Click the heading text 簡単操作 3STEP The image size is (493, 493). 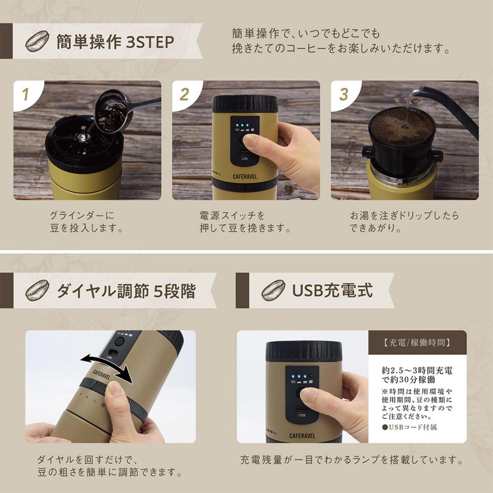[115, 42]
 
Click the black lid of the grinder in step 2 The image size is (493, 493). [245, 104]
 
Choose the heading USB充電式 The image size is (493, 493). [332, 291]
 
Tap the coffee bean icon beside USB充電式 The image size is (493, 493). [273, 291]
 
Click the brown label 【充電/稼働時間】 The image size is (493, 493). [417, 343]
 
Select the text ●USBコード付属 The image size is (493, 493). [409, 427]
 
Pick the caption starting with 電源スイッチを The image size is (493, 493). [245, 221]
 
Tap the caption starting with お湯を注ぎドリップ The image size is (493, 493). [404, 221]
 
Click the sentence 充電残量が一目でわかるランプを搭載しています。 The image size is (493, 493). [351, 460]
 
